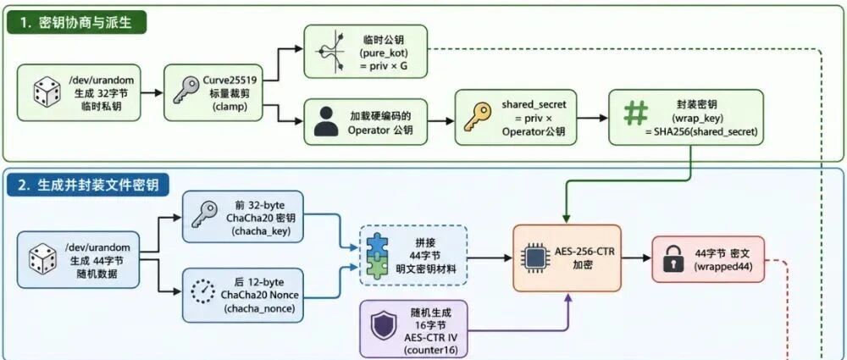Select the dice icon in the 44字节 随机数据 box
coord(42,259)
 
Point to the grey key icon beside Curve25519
coord(186,91)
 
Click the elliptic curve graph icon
coord(330,52)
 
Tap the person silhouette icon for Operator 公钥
coord(326,122)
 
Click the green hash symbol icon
coord(635,114)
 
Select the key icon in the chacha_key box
coord(203,216)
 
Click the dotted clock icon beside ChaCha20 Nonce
coord(203,294)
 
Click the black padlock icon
coord(673,259)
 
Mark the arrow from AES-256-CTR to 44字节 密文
coord(636,258)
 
